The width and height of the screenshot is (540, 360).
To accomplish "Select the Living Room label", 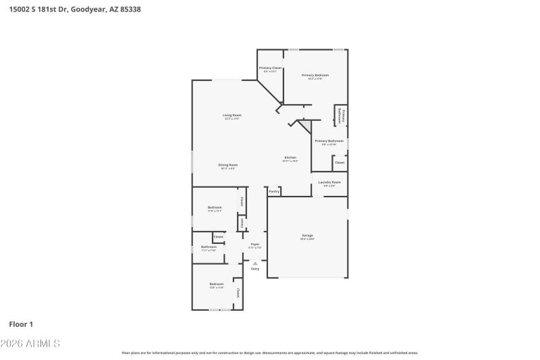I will tap(232, 115).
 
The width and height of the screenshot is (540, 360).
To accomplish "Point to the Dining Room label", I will tap(227, 165).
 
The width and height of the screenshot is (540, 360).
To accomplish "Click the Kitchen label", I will tap(290, 157).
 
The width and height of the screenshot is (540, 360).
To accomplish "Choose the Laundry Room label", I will tap(329, 182).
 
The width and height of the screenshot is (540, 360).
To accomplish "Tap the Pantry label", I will tap(274, 192).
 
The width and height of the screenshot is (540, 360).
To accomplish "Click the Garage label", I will tap(307, 236).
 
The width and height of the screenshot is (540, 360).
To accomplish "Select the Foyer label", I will tap(254, 244).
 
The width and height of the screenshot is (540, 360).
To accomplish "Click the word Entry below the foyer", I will tap(254, 269).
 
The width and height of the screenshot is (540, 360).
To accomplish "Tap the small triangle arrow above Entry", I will tap(254, 263).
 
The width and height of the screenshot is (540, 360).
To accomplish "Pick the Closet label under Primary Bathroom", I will tap(340, 162).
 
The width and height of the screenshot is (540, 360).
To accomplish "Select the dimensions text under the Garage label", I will tap(307, 239).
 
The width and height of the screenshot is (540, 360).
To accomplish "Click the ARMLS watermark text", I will tap(43, 344).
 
